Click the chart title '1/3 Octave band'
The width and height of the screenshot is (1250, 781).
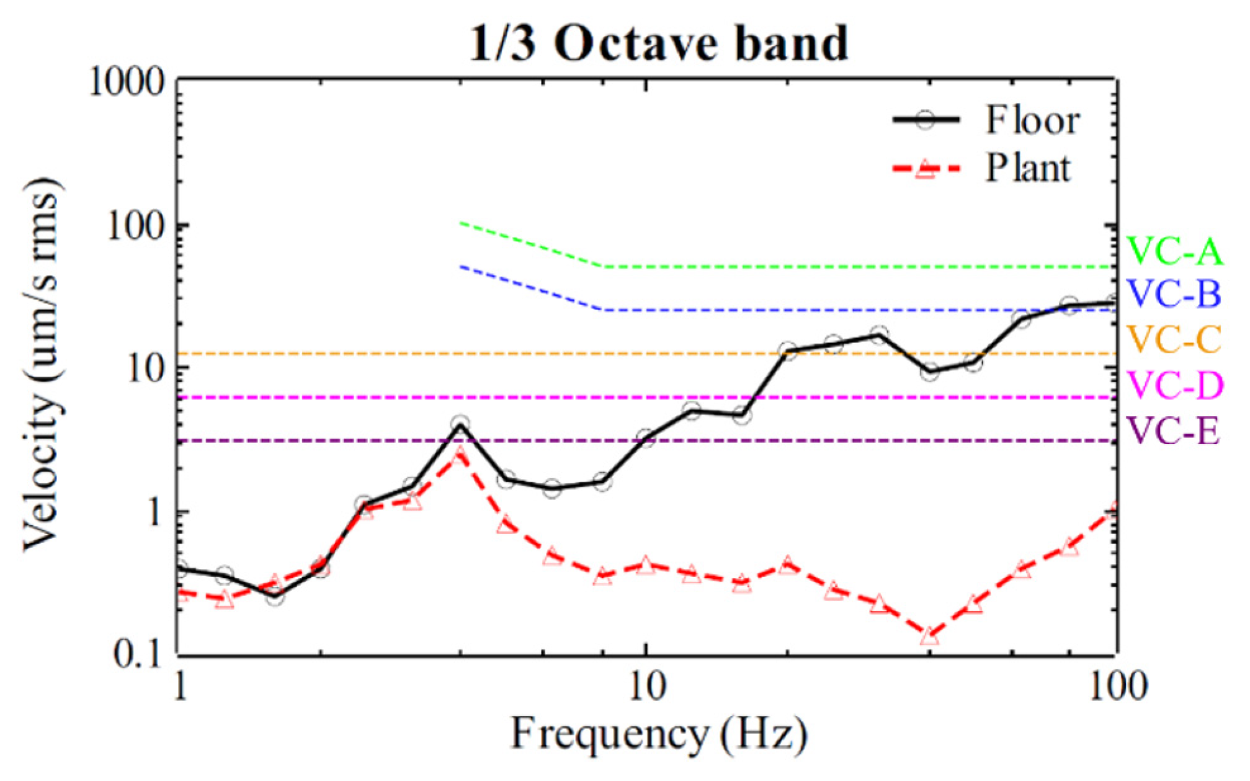tap(659, 43)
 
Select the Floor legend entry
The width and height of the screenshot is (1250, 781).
tap(986, 120)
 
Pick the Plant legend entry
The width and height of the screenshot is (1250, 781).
tap(982, 167)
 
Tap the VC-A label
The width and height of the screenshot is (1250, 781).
tap(1174, 251)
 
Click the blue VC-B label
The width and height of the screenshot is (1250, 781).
tap(1174, 294)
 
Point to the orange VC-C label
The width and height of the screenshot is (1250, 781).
tap(1174, 339)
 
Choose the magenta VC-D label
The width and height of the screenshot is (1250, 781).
tap(1174, 385)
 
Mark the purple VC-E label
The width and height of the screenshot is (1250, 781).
tap(1173, 431)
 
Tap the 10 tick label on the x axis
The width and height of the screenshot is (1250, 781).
tap(646, 687)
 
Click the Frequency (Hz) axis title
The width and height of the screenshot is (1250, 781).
tap(659, 734)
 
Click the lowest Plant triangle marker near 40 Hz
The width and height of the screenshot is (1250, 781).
tap(929, 636)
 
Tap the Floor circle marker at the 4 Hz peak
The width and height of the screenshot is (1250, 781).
tap(460, 424)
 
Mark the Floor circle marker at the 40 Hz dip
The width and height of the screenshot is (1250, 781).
tap(929, 372)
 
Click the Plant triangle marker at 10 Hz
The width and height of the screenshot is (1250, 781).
tap(646, 565)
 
